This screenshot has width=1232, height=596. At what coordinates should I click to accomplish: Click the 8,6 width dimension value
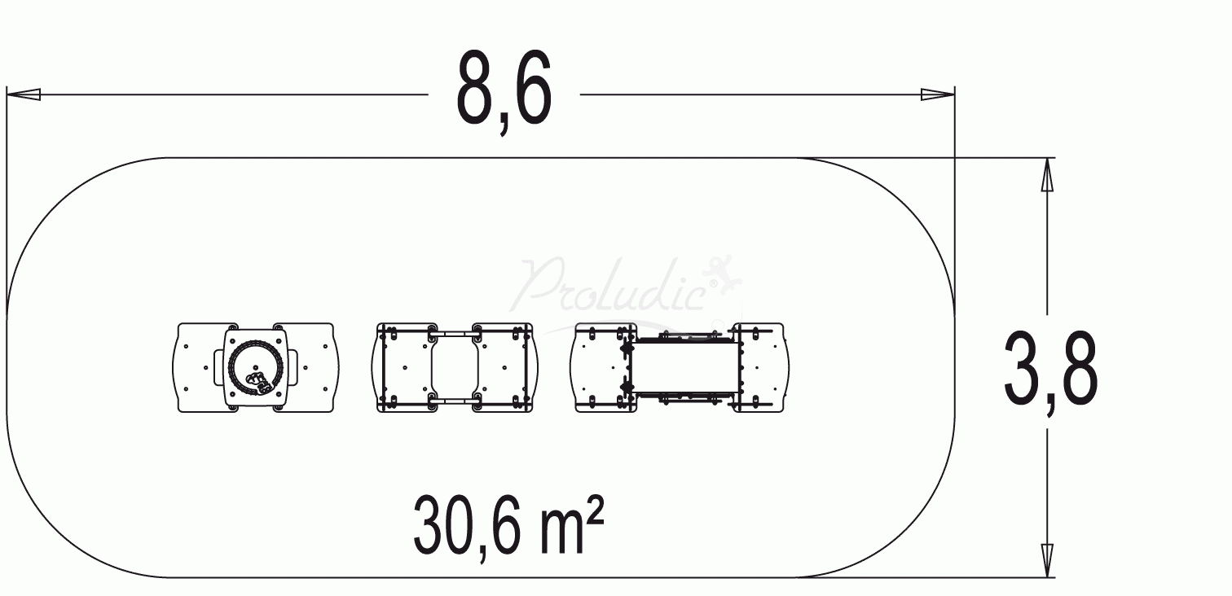(504, 89)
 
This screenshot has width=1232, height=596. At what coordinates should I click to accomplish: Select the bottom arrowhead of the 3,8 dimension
(1047, 561)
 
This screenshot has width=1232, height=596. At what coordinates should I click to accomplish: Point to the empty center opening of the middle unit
(452, 367)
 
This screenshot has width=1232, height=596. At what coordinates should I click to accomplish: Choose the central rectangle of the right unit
(684, 367)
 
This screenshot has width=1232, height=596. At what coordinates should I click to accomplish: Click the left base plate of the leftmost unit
(196, 367)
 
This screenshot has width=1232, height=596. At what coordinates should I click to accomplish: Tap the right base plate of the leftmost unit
(314, 367)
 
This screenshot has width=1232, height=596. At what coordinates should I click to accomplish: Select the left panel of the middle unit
(403, 367)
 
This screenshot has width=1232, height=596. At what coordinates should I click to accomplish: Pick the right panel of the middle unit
(505, 367)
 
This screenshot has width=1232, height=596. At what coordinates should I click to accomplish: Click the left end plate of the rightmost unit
(601, 367)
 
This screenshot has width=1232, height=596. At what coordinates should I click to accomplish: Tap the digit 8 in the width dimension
(478, 87)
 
